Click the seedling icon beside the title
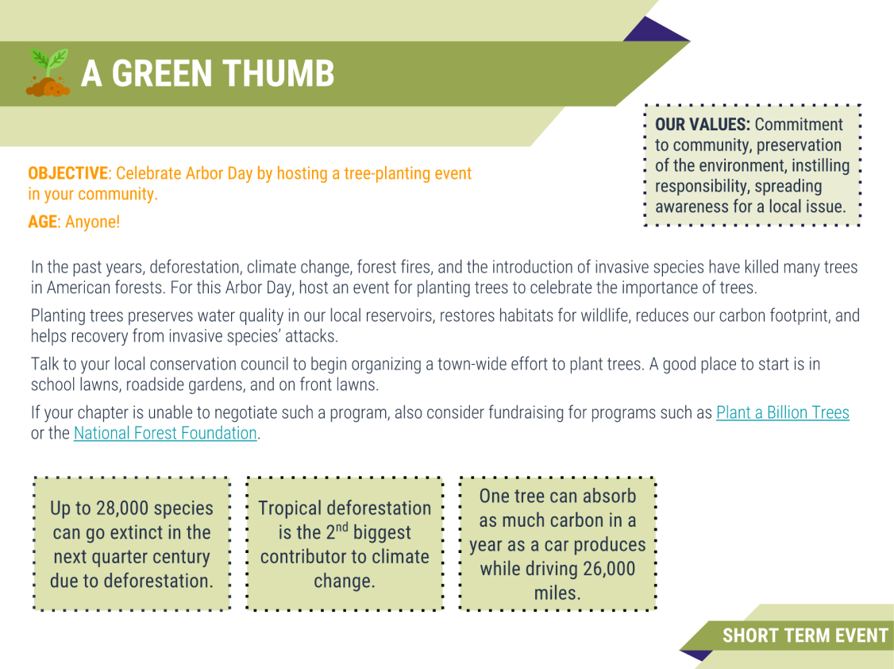pyautogui.click(x=48, y=73)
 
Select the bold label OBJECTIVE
pyautogui.click(x=67, y=173)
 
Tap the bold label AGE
pyautogui.click(x=43, y=222)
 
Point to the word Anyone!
pyautogui.click(x=93, y=222)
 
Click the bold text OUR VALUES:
pyautogui.click(x=703, y=125)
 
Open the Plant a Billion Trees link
pyautogui.click(x=782, y=412)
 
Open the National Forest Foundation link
pyautogui.click(x=165, y=433)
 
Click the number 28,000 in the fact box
pyautogui.click(x=124, y=508)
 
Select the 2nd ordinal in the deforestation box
pyautogui.click(x=337, y=532)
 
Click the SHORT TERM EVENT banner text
pyautogui.click(x=804, y=636)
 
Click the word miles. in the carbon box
pyautogui.click(x=557, y=594)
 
